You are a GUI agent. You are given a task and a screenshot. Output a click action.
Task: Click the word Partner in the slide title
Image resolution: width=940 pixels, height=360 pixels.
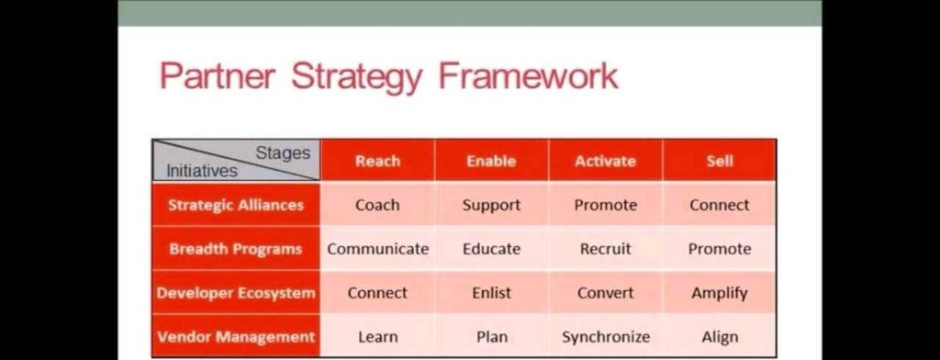click(x=217, y=76)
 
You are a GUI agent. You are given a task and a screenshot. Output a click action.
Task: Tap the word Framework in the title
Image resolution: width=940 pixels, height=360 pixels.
click(x=529, y=76)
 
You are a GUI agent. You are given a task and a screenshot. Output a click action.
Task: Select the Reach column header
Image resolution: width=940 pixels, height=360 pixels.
click(x=377, y=161)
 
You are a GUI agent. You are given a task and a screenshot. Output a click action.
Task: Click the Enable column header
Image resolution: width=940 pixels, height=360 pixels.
click(x=491, y=161)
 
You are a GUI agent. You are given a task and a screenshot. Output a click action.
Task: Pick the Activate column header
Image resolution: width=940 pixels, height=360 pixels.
click(x=605, y=161)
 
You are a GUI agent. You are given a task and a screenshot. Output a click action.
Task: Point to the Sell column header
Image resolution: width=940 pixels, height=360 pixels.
click(x=720, y=161)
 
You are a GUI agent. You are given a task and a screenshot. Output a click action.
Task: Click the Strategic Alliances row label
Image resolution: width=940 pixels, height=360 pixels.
click(x=236, y=205)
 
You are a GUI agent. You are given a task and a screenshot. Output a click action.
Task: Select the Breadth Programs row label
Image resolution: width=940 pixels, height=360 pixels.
click(x=236, y=249)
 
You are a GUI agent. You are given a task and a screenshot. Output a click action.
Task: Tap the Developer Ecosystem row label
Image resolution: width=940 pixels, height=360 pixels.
click(x=236, y=293)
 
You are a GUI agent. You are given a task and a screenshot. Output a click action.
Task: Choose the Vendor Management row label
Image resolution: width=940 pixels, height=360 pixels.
click(x=236, y=337)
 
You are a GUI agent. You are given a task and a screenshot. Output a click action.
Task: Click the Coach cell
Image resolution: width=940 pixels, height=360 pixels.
click(x=377, y=205)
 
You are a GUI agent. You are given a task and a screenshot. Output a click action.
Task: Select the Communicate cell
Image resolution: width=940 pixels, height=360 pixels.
click(x=377, y=249)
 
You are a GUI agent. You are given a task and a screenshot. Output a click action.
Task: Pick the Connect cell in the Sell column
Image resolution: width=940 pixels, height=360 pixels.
click(x=720, y=205)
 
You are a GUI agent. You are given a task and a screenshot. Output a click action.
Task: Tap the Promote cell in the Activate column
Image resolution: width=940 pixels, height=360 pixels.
click(x=605, y=205)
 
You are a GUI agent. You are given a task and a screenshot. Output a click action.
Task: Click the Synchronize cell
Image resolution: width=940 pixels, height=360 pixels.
click(x=605, y=337)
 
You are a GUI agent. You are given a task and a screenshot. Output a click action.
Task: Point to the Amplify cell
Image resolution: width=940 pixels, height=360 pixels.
click(x=720, y=293)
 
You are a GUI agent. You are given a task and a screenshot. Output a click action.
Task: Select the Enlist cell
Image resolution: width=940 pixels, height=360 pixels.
click(x=491, y=293)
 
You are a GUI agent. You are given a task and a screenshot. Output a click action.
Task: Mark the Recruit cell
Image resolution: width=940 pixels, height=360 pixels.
click(x=605, y=249)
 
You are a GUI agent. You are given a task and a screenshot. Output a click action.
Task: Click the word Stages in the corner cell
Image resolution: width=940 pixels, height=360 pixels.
click(x=283, y=152)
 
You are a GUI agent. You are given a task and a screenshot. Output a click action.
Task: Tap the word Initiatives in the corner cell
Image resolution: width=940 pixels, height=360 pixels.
click(x=201, y=171)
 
